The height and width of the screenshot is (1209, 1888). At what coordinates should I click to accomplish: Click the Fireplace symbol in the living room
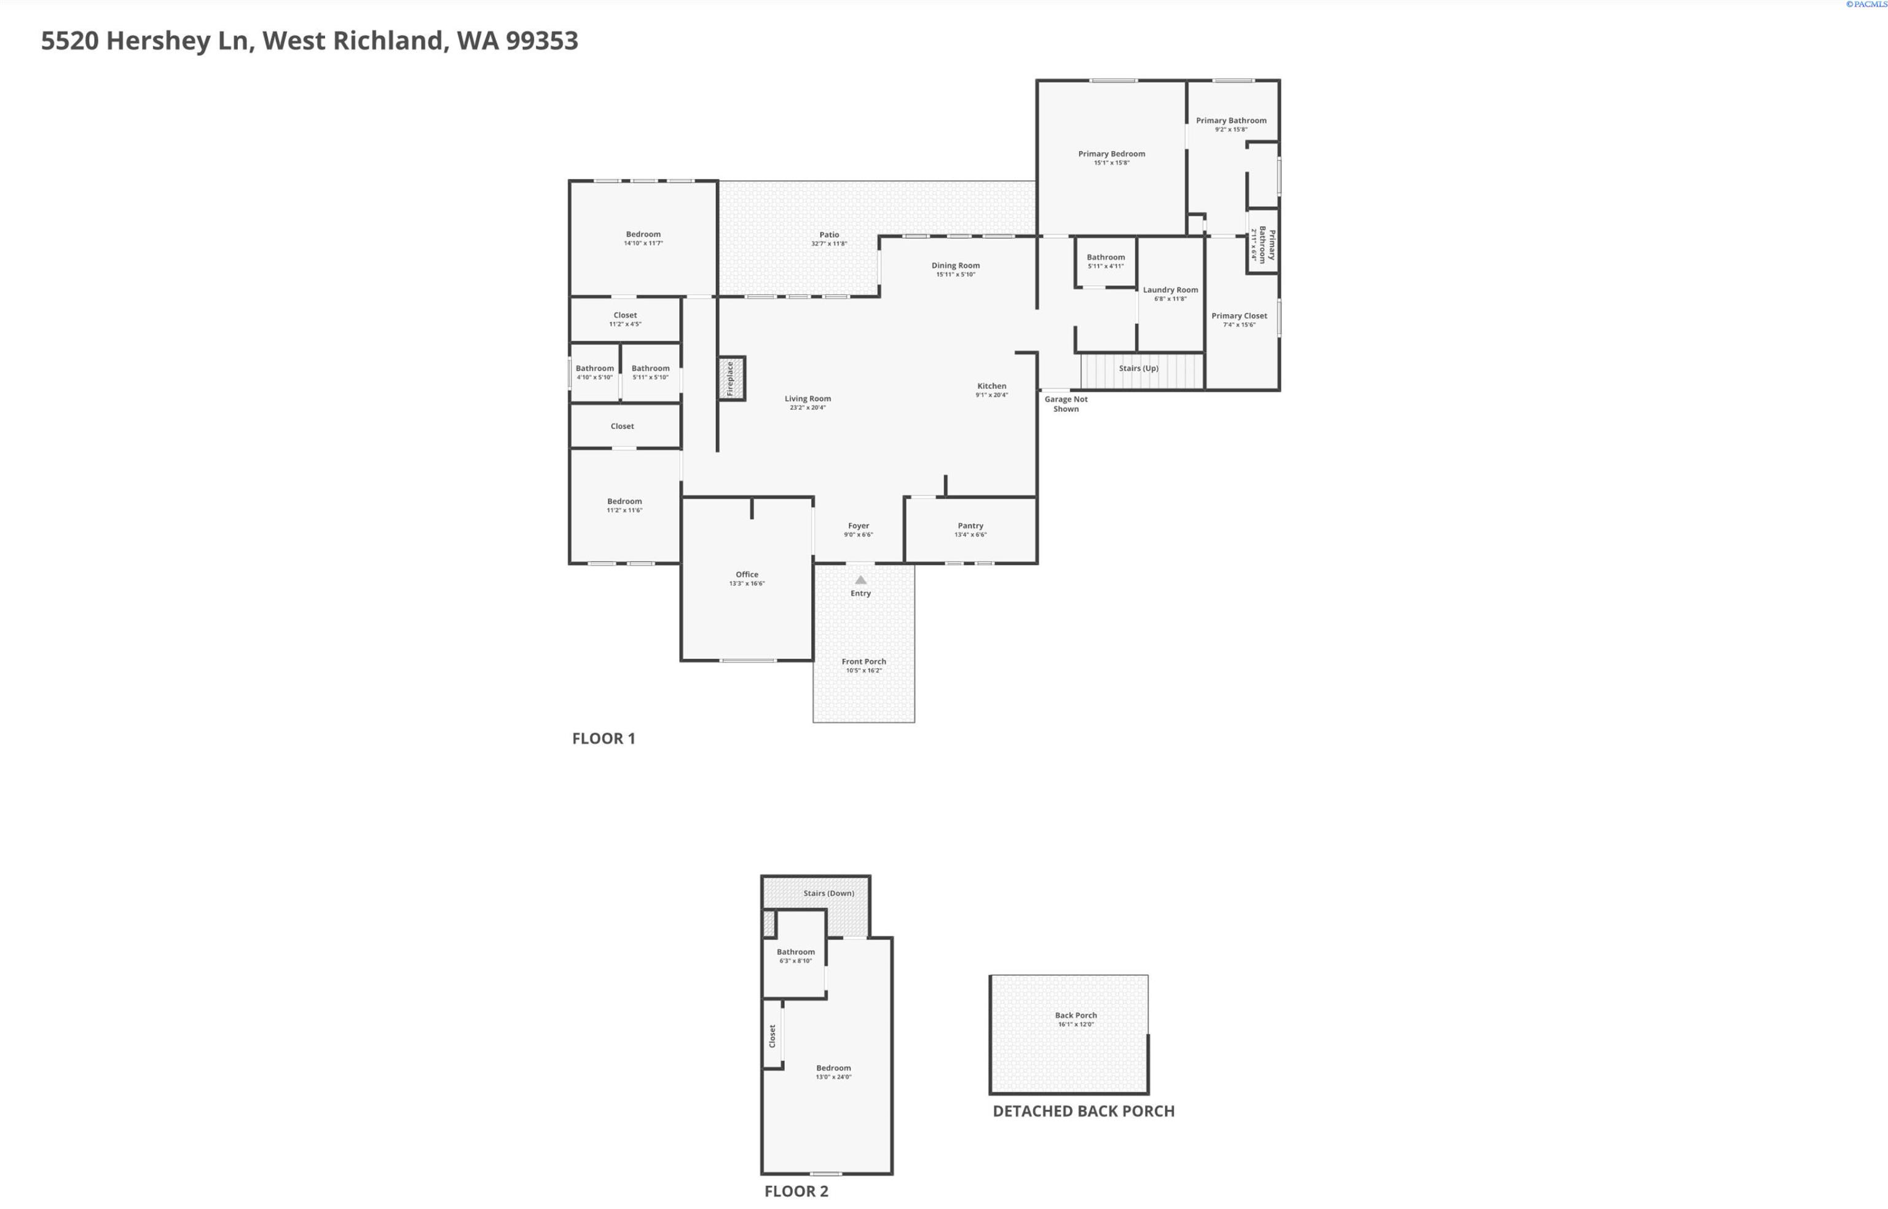pos(730,379)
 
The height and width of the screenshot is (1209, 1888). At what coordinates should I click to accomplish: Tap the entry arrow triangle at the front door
pos(860,580)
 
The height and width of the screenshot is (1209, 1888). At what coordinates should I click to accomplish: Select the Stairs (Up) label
pos(1138,368)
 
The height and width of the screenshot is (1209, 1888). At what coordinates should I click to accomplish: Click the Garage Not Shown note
pos(1065,404)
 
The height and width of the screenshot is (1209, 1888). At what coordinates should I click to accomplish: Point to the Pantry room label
pos(970,526)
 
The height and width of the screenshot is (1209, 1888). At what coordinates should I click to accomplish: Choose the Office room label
pos(747,575)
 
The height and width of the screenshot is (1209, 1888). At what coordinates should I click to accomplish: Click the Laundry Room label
pos(1170,289)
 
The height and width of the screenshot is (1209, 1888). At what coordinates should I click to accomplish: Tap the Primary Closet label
pos(1239,315)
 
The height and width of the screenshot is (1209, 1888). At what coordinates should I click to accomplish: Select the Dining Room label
pos(956,266)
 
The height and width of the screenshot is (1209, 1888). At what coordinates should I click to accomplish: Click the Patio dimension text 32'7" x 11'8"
pos(829,244)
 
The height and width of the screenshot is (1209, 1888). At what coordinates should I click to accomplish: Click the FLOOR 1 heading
pos(603,738)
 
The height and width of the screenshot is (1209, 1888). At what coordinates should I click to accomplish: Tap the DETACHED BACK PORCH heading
pos(1084,1111)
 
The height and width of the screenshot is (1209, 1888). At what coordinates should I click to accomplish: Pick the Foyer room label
pos(858,526)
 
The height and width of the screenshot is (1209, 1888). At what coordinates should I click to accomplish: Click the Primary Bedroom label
pos(1111,154)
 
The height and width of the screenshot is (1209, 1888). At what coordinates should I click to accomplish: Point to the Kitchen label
pos(991,386)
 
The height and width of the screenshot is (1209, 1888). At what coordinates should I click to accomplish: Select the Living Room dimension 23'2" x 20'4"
pos(807,408)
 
